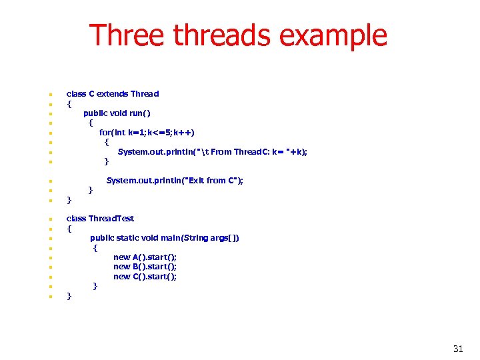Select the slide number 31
click(x=457, y=349)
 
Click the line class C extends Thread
click(x=112, y=94)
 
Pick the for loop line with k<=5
click(x=147, y=132)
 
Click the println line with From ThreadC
click(x=212, y=151)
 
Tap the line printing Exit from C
click(x=175, y=181)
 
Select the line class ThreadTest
click(x=100, y=219)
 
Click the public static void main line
click(x=165, y=238)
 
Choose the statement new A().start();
click(x=145, y=257)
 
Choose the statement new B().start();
click(x=145, y=267)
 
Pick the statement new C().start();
click(x=145, y=277)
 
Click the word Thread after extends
click(x=145, y=94)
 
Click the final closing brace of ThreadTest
click(x=69, y=296)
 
